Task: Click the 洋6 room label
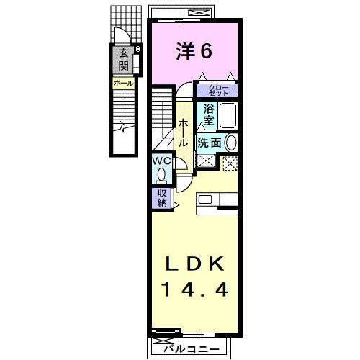(x=194, y=51)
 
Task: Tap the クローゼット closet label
(x=218, y=91)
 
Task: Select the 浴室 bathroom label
(x=207, y=114)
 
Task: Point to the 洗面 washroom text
(x=210, y=143)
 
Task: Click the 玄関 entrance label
(x=124, y=60)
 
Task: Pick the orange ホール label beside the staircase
(x=122, y=84)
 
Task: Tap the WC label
(x=160, y=161)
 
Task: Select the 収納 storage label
(x=161, y=197)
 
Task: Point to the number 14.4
(x=194, y=289)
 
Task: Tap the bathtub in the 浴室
(x=228, y=117)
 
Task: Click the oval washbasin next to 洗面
(x=231, y=142)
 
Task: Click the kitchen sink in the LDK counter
(x=205, y=200)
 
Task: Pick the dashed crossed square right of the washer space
(x=230, y=163)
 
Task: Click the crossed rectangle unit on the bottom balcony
(x=165, y=334)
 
